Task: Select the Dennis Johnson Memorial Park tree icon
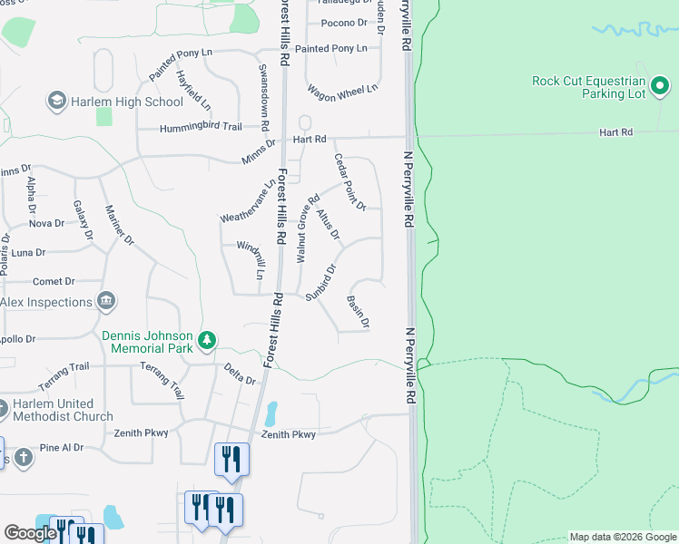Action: click(208, 340)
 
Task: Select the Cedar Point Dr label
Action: click(349, 181)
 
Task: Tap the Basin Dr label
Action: click(359, 311)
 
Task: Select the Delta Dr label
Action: click(240, 374)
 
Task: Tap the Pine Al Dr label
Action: click(62, 448)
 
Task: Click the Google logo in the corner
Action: click(30, 533)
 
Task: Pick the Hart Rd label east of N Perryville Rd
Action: click(615, 132)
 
